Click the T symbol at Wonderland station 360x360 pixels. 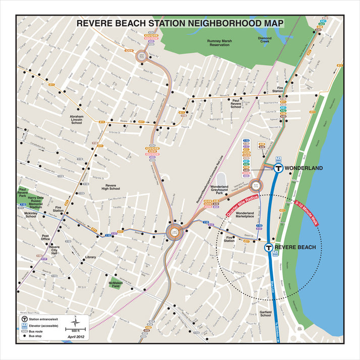[277, 169]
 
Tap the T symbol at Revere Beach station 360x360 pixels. [269, 247]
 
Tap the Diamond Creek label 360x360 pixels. [265, 40]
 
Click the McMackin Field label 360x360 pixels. [116, 284]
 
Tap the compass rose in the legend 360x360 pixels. [75, 320]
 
